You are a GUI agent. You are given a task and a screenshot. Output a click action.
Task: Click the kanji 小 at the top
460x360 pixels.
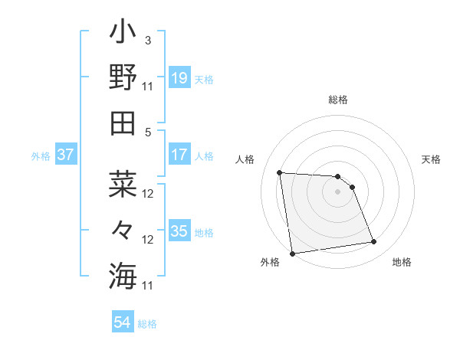pos(123,34)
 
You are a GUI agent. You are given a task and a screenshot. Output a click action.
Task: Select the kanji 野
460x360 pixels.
pos(123,78)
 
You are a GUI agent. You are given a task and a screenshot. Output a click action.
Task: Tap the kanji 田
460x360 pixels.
pos(123,123)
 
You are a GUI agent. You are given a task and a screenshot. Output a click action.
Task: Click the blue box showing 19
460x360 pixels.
pos(179,78)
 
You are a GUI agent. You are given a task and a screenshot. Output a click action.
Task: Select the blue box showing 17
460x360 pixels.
pos(179,155)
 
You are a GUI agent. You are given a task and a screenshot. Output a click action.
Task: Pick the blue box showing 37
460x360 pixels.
pos(66,155)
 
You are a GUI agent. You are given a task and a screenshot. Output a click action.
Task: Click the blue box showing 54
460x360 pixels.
pos(123,322)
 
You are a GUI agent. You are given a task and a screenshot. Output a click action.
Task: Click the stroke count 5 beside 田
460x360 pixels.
pos(148,132)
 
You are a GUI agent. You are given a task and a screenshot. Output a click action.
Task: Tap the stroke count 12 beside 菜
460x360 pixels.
pos(149,194)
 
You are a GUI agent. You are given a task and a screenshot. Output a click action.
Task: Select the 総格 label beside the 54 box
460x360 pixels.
pos(147,324)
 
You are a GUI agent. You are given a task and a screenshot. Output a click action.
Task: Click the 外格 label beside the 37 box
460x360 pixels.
pos(41,156)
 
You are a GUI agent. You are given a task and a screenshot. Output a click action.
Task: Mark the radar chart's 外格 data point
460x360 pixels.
pos(292,253)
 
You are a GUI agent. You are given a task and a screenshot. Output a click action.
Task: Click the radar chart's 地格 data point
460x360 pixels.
pos(373,242)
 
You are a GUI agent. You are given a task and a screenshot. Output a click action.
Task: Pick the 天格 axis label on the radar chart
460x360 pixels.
pos(431,159)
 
